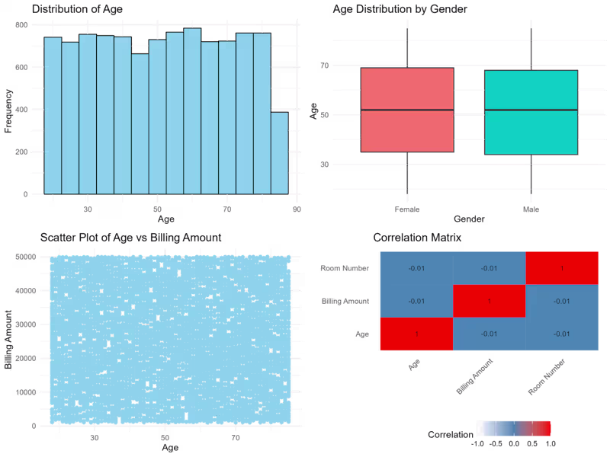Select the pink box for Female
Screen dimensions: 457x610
pyautogui.click(x=407, y=110)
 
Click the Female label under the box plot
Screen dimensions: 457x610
pyautogui.click(x=407, y=209)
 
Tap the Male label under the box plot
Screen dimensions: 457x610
pyautogui.click(x=531, y=209)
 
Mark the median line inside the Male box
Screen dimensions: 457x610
pyautogui.click(x=531, y=110)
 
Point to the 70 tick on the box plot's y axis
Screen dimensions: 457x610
pyautogui.click(x=324, y=66)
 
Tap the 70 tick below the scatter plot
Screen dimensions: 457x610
pyautogui.click(x=236, y=439)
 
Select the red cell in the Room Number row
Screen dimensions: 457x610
pyautogui.click(x=562, y=268)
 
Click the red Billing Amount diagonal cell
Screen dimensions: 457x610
pyautogui.click(x=489, y=301)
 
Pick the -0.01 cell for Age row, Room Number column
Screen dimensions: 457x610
pyautogui.click(x=562, y=334)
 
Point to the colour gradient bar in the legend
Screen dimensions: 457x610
pyautogui.click(x=513, y=429)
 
